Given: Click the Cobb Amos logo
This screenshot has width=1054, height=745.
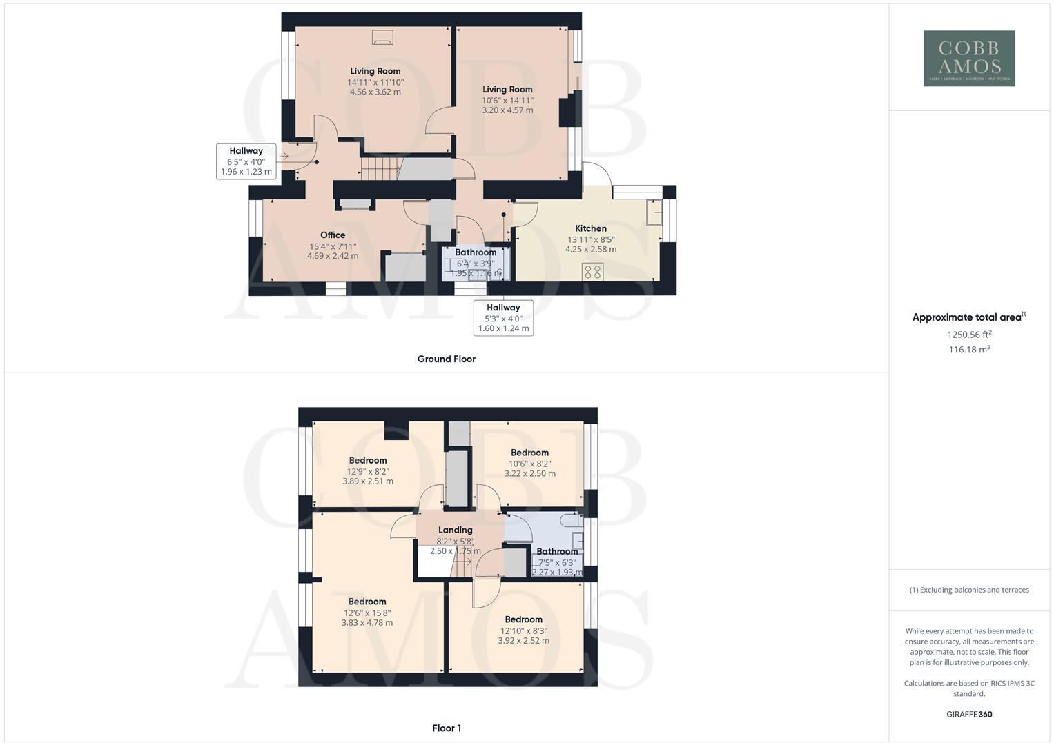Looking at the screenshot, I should (x=969, y=59).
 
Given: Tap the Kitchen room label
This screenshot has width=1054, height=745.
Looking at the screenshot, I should (x=591, y=228).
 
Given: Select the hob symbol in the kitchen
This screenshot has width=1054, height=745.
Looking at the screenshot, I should (x=593, y=271).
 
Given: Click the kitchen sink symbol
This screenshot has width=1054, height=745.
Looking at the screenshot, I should (x=653, y=212).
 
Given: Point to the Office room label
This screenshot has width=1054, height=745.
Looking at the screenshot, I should (x=333, y=235).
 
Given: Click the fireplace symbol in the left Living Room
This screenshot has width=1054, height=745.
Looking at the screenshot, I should (x=382, y=37).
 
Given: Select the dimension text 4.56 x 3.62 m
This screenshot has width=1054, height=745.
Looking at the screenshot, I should (x=375, y=92).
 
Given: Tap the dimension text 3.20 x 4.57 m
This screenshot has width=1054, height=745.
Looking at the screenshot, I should (x=507, y=110).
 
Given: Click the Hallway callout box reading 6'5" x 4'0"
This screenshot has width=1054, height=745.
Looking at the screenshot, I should (x=246, y=161).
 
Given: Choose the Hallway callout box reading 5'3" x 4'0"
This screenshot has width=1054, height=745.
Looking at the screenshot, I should (x=503, y=318).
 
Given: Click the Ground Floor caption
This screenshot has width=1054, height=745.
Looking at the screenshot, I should (x=446, y=359).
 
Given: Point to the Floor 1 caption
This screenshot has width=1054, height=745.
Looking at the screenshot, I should (x=446, y=728).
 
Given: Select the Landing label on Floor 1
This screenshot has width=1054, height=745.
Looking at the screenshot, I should (x=455, y=530).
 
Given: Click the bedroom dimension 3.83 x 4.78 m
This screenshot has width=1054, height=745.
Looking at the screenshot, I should (x=367, y=623).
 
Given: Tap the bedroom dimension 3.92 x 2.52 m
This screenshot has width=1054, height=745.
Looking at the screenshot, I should (x=523, y=641).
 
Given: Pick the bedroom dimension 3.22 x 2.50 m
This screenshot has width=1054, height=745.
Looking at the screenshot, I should (x=529, y=474).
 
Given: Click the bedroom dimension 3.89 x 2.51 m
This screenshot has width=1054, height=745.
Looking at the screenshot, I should (x=367, y=481).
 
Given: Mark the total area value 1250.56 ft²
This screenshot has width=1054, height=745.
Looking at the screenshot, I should (x=969, y=335).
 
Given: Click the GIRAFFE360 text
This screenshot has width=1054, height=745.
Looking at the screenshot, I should (x=969, y=715).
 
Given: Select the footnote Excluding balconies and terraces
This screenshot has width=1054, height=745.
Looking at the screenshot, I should (x=969, y=590).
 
